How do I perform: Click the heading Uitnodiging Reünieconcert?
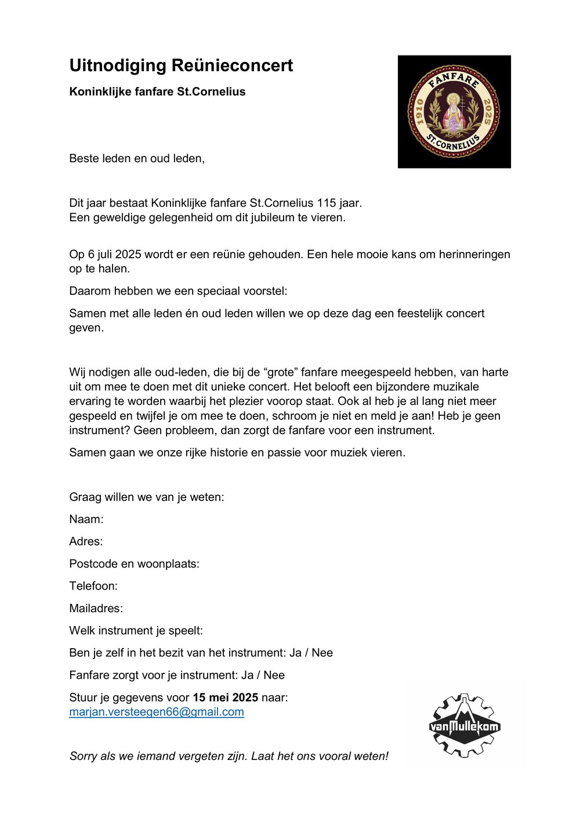(181, 65)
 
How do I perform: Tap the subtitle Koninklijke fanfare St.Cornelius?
(157, 92)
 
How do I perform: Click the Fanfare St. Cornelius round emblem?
(454, 112)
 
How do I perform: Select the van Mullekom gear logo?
(465, 726)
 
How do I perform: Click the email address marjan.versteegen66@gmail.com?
(157, 712)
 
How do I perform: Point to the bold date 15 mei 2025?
(225, 697)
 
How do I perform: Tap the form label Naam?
(86, 519)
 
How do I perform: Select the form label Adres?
(86, 542)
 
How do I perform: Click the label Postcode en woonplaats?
(134, 564)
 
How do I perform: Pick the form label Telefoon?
(93, 586)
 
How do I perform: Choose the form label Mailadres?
(96, 608)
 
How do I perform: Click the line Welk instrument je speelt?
(136, 630)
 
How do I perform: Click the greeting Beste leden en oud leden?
(137, 158)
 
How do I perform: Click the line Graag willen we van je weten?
(147, 497)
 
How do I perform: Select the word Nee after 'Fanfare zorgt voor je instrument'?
(274, 675)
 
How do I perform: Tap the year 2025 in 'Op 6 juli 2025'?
(128, 254)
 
